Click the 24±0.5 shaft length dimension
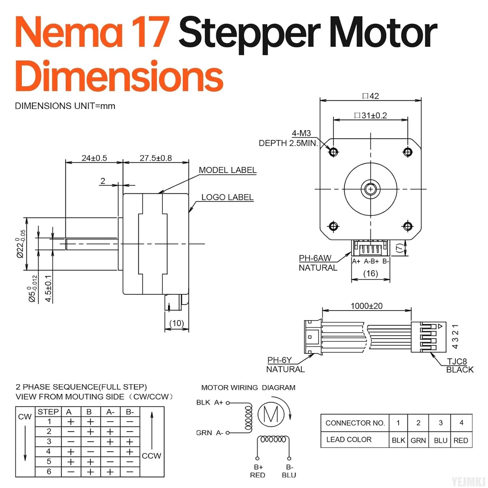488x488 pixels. tap(94, 158)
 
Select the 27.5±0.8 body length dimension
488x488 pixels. tap(156, 158)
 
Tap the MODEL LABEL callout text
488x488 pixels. tap(227, 170)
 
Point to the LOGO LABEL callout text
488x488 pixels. tap(227, 197)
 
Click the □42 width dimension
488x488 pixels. tap(371, 96)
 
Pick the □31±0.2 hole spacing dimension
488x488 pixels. tap(371, 115)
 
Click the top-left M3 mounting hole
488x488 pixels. tap(333, 152)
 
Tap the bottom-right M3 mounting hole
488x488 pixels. tap(408, 226)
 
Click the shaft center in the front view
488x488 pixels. tap(371, 189)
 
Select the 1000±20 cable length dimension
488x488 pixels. tap(366, 306)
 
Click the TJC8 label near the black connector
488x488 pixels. tap(457, 361)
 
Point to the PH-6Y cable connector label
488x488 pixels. tap(279, 360)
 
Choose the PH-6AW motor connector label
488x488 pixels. tap(315, 258)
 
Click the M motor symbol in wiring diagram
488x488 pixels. tap(271, 414)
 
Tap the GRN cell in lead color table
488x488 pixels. tap(418, 440)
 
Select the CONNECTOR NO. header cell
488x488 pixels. tap(355, 423)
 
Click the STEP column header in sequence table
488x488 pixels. tap(48, 412)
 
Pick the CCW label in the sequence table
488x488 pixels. tap(151, 456)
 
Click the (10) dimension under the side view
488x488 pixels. tap(177, 323)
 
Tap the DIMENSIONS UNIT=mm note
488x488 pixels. tap(65, 106)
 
